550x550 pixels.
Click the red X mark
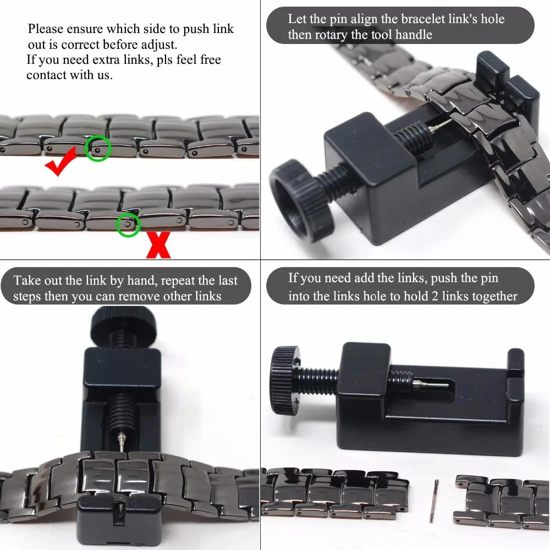(x=158, y=245)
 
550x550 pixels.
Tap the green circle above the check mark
(x=98, y=148)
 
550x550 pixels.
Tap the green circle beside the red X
(x=128, y=224)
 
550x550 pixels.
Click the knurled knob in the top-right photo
(x=301, y=200)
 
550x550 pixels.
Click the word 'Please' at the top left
(x=46, y=29)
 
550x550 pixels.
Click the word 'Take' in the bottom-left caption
(x=26, y=280)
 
